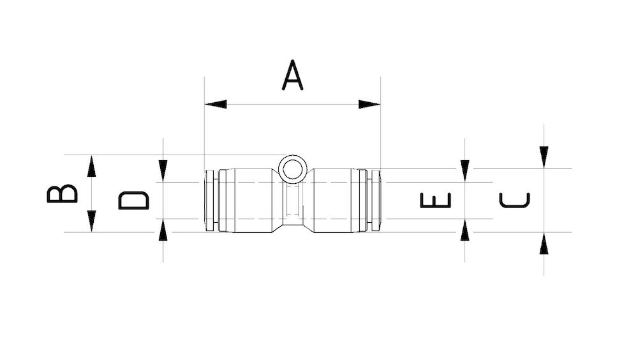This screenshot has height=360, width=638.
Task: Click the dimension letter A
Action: [292, 76]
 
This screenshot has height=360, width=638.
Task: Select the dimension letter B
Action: [63, 193]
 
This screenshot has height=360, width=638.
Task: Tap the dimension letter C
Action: [514, 200]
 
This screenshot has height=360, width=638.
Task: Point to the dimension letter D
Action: [134, 200]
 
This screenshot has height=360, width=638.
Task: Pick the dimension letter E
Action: [436, 200]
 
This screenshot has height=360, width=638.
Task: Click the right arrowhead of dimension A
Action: [369, 104]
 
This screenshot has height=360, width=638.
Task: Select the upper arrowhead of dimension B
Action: [92, 166]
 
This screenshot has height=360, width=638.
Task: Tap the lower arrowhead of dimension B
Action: [92, 221]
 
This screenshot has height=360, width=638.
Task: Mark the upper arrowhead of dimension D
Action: [163, 170]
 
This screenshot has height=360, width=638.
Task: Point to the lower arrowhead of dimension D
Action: [163, 230]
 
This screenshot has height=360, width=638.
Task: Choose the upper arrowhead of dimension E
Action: [464, 170]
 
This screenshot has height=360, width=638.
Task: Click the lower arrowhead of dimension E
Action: [464, 230]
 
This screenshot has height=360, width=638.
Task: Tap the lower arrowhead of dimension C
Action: [544, 244]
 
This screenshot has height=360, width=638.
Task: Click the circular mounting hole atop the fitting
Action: [293, 169]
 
